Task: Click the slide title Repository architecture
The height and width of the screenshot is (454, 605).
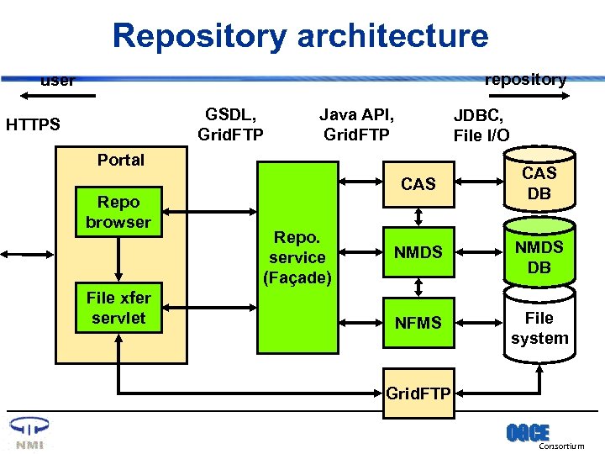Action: [x=300, y=36]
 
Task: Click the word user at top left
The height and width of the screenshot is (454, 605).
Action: [x=58, y=82]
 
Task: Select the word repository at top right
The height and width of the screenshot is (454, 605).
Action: [x=525, y=80]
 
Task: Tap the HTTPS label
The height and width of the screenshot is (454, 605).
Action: [x=33, y=125]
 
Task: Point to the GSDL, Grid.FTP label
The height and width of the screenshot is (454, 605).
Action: [x=230, y=124]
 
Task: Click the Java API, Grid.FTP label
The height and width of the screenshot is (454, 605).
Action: [x=357, y=124]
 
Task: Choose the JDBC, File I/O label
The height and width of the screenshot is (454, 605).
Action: [x=481, y=125]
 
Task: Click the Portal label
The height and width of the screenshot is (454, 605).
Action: [x=121, y=160]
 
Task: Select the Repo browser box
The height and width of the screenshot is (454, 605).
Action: [x=118, y=212]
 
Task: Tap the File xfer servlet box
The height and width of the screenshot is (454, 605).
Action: [x=118, y=308]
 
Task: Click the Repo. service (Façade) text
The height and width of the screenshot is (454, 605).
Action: [x=297, y=257]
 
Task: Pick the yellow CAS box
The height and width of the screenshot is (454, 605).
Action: [x=418, y=184]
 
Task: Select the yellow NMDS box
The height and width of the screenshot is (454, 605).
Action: [x=418, y=252]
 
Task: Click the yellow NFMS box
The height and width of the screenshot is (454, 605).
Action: [x=418, y=323]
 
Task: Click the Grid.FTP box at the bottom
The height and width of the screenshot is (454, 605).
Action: [x=418, y=393]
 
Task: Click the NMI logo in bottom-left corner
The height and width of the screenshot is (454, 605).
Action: [x=28, y=434]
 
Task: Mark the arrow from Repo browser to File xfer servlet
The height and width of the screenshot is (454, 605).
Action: [x=119, y=260]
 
